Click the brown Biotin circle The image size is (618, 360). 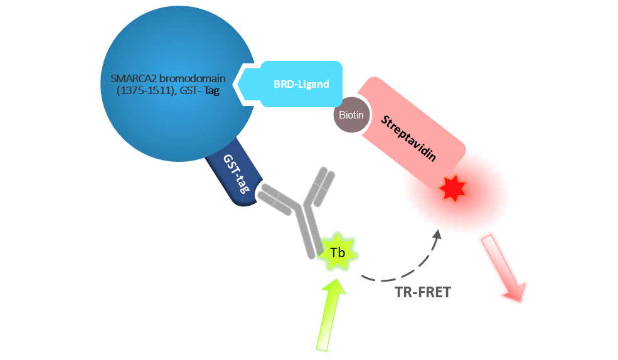pyautogui.click(x=351, y=115)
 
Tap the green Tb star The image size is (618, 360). pyautogui.click(x=338, y=253)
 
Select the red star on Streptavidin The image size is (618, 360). pyautogui.click(x=453, y=188)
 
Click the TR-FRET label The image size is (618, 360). pyautogui.click(x=423, y=292)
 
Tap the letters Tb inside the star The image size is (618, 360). pyautogui.click(x=338, y=253)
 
